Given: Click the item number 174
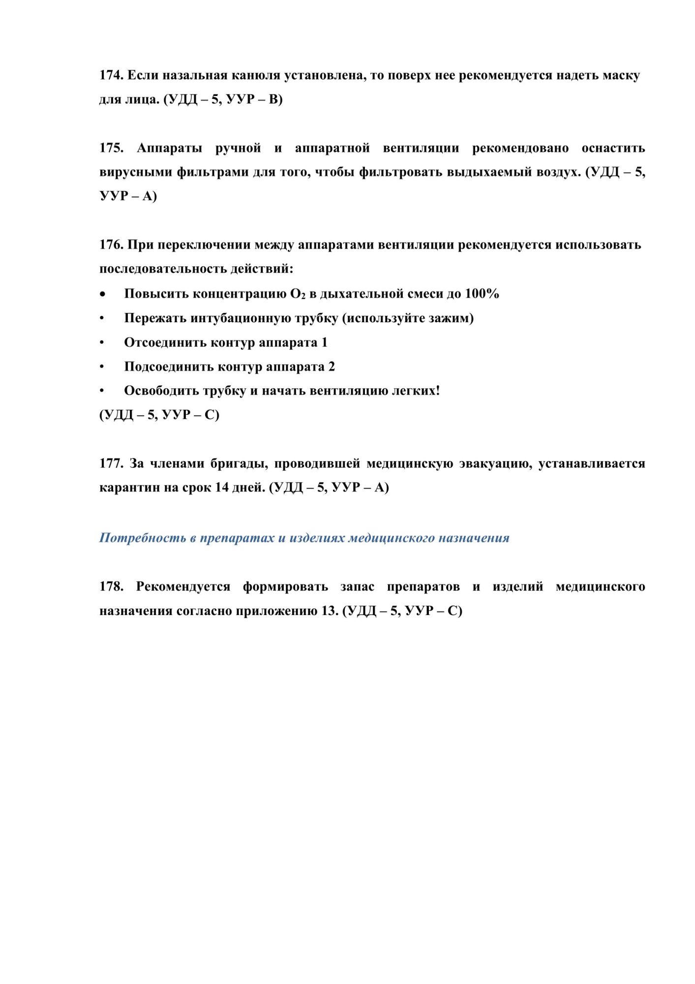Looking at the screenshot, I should (111, 75).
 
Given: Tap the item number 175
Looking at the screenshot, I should (111, 148).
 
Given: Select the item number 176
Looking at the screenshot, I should (111, 245).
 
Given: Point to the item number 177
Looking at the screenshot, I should (111, 463).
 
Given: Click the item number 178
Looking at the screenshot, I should (111, 586).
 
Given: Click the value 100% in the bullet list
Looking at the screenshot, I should (482, 294).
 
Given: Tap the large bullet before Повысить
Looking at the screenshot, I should (102, 294).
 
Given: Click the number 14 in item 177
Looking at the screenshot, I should (222, 488).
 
